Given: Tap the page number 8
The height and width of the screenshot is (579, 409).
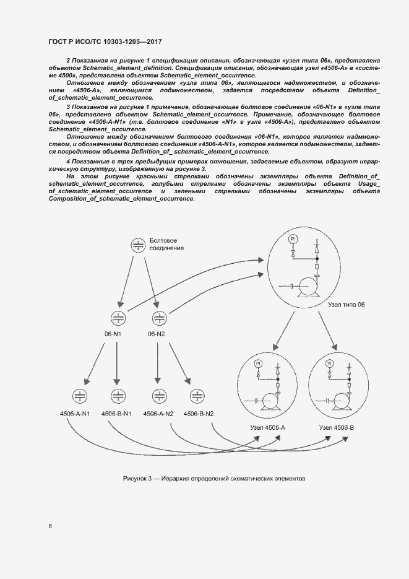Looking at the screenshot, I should click(x=50, y=526).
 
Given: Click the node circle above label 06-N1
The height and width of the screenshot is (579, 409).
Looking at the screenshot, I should click(x=117, y=318).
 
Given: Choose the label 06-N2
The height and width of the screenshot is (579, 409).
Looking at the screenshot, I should click(x=156, y=334).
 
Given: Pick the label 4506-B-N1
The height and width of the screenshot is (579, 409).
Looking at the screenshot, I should click(x=117, y=414).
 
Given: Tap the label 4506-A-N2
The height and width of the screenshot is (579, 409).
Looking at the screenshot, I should click(x=158, y=414).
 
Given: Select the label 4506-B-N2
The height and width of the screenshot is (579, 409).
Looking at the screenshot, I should click(x=197, y=414).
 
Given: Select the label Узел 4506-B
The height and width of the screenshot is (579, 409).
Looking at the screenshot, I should click(x=337, y=428).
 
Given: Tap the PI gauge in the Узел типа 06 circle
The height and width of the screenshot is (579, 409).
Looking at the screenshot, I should click(x=294, y=238).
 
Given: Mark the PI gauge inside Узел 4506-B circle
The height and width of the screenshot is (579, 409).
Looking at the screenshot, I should click(x=329, y=364).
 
